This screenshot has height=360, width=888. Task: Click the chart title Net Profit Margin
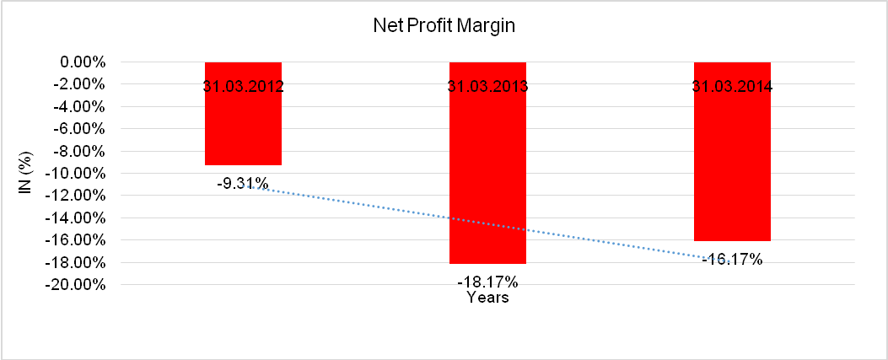(444, 26)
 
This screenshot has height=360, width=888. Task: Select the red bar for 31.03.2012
(243, 126)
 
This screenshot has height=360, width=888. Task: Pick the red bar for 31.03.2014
(732, 169)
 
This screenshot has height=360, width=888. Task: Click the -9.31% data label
(243, 182)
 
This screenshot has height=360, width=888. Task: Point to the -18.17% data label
(487, 282)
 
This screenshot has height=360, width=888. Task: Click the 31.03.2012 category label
(243, 86)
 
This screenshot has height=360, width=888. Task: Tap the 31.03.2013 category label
(487, 86)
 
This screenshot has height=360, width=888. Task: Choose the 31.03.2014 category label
(732, 86)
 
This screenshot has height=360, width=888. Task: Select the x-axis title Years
(487, 298)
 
